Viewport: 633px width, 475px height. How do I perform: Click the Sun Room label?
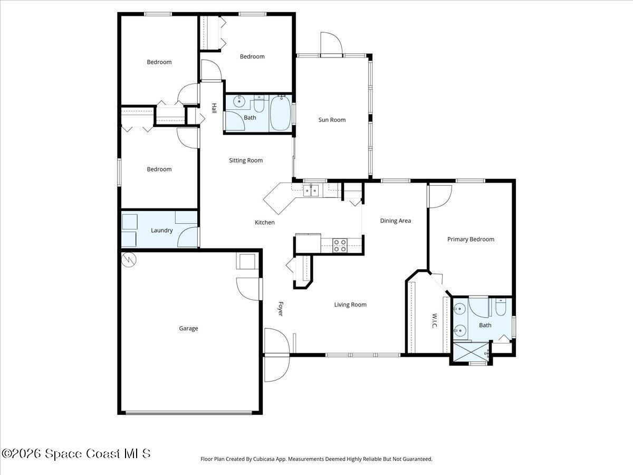(x=332, y=120)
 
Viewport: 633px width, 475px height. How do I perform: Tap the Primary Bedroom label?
(x=471, y=239)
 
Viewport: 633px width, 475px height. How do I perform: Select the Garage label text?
(x=188, y=328)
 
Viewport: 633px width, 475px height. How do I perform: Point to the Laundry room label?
(x=161, y=230)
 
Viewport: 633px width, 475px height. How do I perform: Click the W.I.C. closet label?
(x=434, y=320)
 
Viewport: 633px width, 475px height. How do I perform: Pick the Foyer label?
(x=281, y=309)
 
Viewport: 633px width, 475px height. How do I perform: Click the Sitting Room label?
(x=245, y=160)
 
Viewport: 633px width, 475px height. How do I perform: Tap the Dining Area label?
(x=395, y=221)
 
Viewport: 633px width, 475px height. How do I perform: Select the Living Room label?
(x=350, y=305)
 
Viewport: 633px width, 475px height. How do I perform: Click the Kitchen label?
(x=264, y=222)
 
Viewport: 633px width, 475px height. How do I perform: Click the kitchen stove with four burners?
(x=341, y=245)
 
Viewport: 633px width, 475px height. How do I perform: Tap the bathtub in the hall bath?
(x=280, y=113)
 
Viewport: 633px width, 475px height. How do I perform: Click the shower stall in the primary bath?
(x=469, y=353)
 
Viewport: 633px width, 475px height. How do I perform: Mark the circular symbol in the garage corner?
(x=128, y=259)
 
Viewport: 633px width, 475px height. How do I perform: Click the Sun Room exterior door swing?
(x=331, y=44)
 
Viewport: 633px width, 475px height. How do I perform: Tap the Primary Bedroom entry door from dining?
(x=439, y=196)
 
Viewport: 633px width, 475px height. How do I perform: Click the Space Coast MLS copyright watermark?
(x=76, y=453)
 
